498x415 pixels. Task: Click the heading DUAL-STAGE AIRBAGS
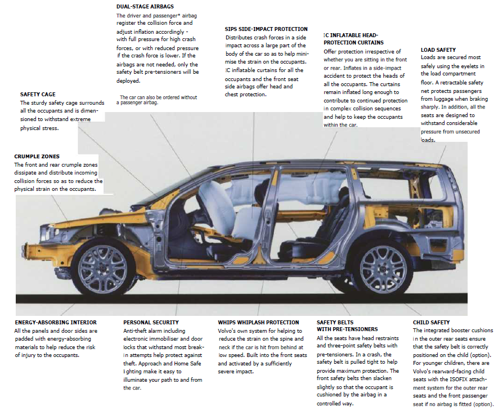tap(145, 6)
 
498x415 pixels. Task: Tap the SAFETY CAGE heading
tap(38, 95)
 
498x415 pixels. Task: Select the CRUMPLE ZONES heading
tap(37, 157)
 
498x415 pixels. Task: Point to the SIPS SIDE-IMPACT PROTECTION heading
tap(266, 29)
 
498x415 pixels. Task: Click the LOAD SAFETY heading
tap(438, 50)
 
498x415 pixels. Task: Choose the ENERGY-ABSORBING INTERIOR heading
tap(56, 323)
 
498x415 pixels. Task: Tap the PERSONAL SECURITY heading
tap(151, 323)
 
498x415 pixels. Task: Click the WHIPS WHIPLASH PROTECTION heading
tap(258, 323)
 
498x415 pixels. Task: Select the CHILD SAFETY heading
tap(431, 323)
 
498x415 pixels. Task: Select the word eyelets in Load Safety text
tap(469, 66)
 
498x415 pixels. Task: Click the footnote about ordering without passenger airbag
tap(157, 100)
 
